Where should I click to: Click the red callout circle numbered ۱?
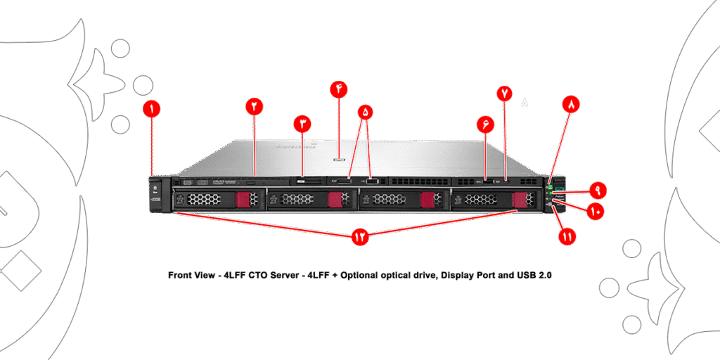[151, 108]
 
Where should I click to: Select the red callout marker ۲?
[254, 106]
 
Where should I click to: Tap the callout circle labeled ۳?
[302, 124]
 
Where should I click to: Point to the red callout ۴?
[339, 89]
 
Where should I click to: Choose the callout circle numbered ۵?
[365, 112]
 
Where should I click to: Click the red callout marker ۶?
[485, 124]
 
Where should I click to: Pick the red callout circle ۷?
[505, 93]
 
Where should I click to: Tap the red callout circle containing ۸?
[571, 104]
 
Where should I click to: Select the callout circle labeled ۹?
[597, 190]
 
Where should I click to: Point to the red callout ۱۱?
[567, 237]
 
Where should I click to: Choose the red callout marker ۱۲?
[360, 237]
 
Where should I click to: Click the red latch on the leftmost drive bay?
[243, 200]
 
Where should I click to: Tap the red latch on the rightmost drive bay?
[520, 200]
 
